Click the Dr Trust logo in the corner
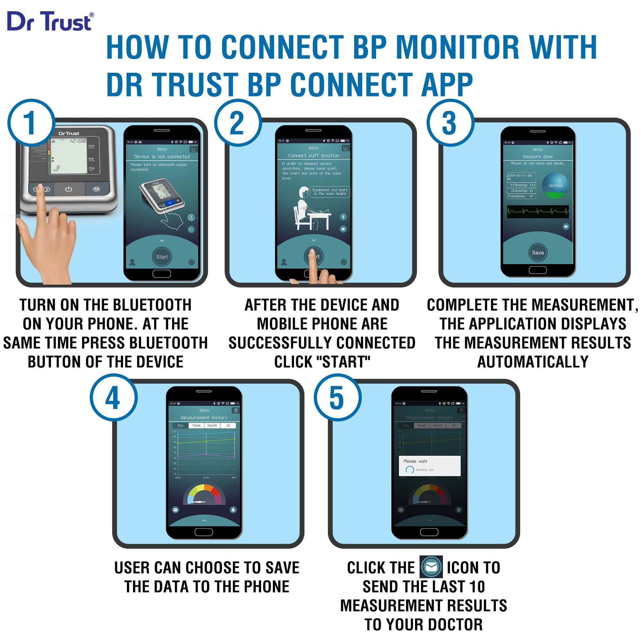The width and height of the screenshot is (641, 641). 50,21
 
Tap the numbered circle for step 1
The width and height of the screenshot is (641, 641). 31,123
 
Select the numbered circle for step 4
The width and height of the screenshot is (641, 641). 113,397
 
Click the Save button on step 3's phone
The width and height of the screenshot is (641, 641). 537,253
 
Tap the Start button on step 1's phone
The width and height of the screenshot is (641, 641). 162,257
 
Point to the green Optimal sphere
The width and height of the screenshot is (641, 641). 555,186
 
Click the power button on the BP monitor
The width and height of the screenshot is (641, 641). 68,189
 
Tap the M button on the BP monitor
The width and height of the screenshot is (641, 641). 96,189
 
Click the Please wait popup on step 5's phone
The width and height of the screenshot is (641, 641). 429,465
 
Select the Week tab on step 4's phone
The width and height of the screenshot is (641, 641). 196,425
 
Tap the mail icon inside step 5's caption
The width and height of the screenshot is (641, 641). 431,567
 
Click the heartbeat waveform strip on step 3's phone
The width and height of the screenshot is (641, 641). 537,211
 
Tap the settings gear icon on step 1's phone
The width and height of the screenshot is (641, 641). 191,262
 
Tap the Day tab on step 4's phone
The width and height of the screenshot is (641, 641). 180,425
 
